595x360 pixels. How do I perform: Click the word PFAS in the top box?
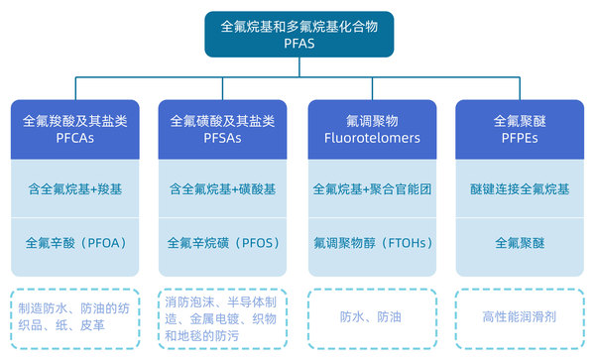point(297,44)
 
